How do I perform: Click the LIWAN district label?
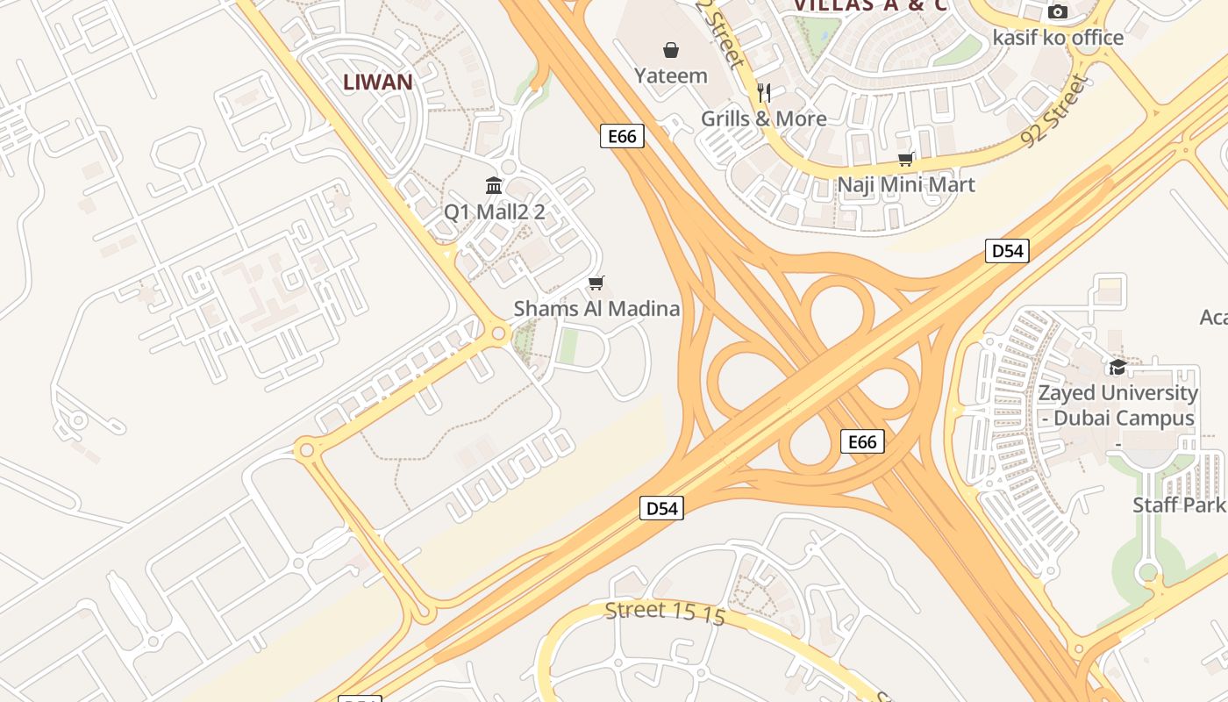click(377, 82)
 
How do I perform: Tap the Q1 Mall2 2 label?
click(494, 211)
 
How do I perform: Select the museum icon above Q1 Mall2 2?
click(494, 185)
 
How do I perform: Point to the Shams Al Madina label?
click(596, 309)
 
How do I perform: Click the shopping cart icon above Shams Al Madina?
click(596, 283)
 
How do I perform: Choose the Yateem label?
click(671, 75)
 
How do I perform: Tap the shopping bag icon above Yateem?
click(671, 50)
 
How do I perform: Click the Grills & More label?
click(764, 118)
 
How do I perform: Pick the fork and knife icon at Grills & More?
click(764, 93)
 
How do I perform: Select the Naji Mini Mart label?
click(906, 185)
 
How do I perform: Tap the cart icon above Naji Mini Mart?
click(906, 159)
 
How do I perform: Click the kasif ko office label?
click(1058, 38)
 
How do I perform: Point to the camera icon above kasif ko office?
click(1058, 12)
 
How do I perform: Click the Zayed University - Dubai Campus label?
click(1117, 405)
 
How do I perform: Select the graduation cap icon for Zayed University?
click(1117, 367)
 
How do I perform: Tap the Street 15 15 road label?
click(665, 612)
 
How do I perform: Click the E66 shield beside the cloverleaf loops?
click(862, 441)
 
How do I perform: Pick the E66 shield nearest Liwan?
click(622, 136)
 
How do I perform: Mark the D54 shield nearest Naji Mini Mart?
click(1006, 251)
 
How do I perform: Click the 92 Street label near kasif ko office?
click(1054, 111)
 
